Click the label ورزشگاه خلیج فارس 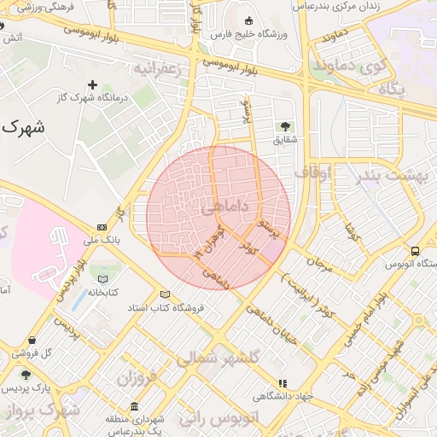(248, 33)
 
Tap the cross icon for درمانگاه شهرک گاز (93, 84)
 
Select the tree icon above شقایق (284, 126)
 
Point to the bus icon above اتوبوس (415, 252)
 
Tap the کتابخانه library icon (104, 279)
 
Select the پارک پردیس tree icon (26, 376)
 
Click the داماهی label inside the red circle (225, 207)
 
